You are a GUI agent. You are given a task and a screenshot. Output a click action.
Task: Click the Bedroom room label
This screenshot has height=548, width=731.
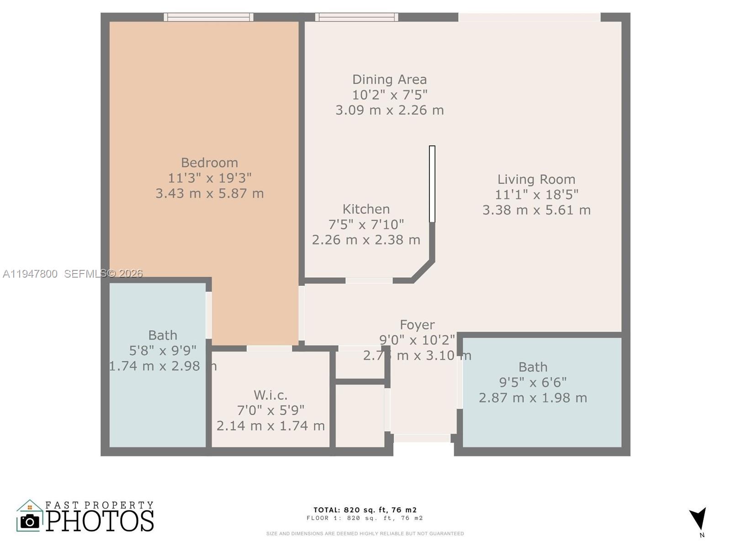coord(209,163)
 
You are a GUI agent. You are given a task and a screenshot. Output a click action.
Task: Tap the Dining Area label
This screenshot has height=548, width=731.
coord(389,79)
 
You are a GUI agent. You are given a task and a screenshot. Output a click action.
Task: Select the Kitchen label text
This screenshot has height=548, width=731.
coord(366,209)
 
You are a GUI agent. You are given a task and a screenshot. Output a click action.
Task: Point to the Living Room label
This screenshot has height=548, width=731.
coord(536,179)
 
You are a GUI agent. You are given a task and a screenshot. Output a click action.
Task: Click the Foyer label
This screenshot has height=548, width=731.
coord(417,325)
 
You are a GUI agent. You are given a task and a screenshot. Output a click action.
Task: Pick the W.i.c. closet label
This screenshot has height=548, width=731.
coord(270,395)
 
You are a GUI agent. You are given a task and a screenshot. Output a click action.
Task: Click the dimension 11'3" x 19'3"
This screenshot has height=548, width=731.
coord(209,178)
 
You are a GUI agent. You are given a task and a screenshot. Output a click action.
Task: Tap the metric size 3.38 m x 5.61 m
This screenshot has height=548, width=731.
coord(536,210)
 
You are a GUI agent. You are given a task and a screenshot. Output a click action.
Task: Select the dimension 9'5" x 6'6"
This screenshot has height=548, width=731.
coord(533,382)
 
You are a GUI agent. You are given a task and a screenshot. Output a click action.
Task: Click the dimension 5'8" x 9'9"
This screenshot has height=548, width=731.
coord(163,351)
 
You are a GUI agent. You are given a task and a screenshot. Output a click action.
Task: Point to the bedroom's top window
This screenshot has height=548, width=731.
coord(208,17)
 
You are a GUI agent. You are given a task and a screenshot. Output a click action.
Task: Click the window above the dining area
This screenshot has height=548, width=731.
coord(356,17)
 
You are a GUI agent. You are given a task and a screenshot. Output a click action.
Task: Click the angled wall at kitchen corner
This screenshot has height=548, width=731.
coord(423,271)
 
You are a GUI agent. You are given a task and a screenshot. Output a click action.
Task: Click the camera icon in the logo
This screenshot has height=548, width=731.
coord(30,521)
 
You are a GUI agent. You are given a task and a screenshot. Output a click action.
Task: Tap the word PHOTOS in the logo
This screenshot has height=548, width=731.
coord(100,521)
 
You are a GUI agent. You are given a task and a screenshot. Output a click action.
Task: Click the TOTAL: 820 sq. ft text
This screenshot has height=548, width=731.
coord(365,510)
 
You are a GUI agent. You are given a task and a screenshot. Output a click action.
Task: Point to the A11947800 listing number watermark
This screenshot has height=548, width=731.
coord(30,274)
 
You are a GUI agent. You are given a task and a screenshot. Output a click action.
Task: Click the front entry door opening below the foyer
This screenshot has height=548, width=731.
coord(422,438)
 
